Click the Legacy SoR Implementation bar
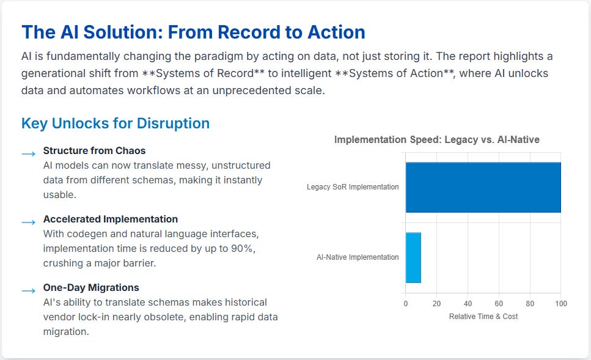tap(483, 187)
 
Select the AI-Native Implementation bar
tap(413, 257)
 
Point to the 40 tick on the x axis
tap(468, 304)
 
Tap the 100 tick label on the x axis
tap(560, 304)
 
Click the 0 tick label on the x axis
tap(405, 304)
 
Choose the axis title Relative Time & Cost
tap(483, 316)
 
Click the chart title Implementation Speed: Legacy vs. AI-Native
tap(437, 140)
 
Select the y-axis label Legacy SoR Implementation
tap(353, 187)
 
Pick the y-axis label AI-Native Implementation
tap(358, 257)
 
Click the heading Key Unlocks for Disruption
tap(116, 123)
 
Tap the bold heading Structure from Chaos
tap(94, 150)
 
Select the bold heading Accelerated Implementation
tap(110, 219)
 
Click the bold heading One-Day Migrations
tap(91, 287)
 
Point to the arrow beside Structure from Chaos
tap(28, 154)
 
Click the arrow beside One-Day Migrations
tap(28, 291)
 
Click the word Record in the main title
tap(227, 32)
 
